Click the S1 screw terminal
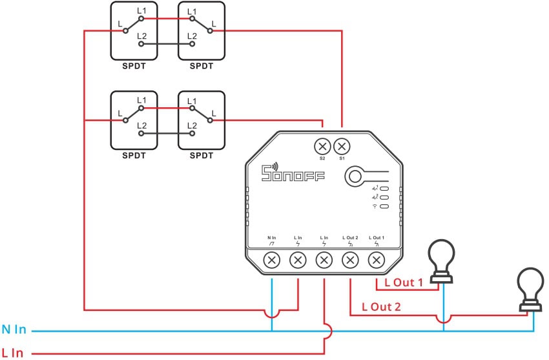[342, 145]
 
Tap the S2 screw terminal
[323, 145]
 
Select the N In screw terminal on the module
[272, 260]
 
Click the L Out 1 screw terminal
[376, 260]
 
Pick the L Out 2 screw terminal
[350, 260]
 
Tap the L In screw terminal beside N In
[298, 260]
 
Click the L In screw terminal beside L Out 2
[324, 260]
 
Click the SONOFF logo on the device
[293, 175]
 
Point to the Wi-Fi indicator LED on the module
[384, 206]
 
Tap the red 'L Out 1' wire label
[404, 282]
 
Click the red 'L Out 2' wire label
[382, 306]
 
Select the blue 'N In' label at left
[14, 330]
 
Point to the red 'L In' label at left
[13, 353]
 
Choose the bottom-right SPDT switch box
[202, 120]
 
